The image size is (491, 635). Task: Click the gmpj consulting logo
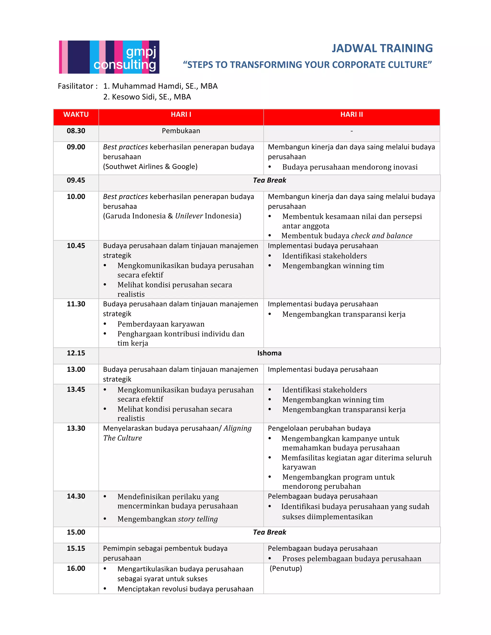pos(109,57)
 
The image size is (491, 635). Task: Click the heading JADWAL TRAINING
pos(382,48)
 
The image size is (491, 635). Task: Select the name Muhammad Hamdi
pos(148,86)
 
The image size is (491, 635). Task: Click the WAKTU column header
pos(76,115)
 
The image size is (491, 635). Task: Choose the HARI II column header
pos(351,115)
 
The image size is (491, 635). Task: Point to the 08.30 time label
pos(76,131)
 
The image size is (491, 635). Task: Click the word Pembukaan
pos(181,131)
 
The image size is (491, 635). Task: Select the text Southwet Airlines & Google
pos(150,167)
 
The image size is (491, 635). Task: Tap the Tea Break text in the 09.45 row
pos(269,180)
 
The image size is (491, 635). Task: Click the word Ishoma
pos(269,353)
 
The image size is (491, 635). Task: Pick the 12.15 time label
pos(76,353)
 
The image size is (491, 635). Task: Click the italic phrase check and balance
pos(382,236)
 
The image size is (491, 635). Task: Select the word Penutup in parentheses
pos(286,568)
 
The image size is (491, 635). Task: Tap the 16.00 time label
pos(76,568)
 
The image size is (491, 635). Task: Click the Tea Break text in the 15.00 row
pos(269,532)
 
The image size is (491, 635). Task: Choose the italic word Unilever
pos(189,216)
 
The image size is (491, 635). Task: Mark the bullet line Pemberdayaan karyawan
pos(161,324)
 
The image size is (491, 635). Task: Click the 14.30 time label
pos(76,496)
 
